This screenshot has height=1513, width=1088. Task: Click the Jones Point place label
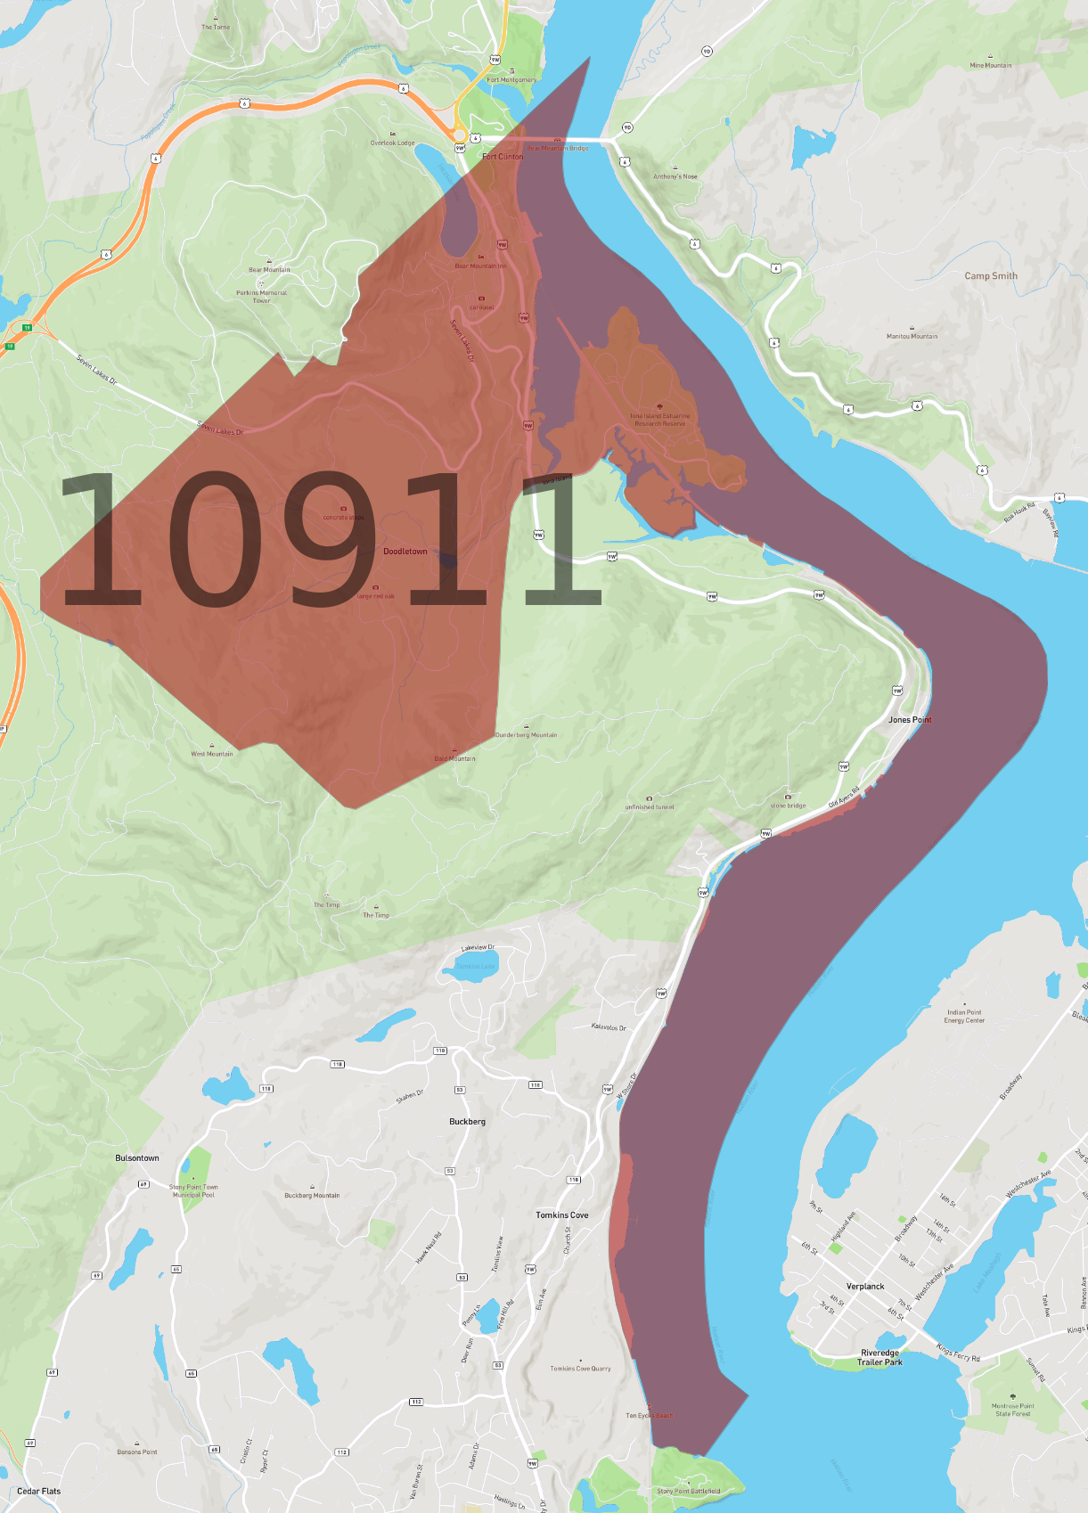click(x=909, y=720)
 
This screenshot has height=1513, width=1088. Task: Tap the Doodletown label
click(x=405, y=552)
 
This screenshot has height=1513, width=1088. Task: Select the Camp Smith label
click(x=990, y=276)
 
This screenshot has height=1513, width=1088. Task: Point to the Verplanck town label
click(x=864, y=1287)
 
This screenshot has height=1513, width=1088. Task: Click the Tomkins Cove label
click(x=561, y=1215)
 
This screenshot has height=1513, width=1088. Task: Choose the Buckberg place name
click(x=467, y=1122)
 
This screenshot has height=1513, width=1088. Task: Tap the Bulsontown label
click(x=137, y=1158)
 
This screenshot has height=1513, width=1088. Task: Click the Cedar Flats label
click(x=39, y=1492)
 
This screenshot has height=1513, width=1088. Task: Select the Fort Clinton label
click(x=503, y=157)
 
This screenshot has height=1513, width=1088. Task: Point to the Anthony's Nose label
click(x=675, y=176)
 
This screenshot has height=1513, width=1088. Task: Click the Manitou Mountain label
click(x=912, y=336)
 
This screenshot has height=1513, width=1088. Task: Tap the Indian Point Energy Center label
click(x=964, y=1017)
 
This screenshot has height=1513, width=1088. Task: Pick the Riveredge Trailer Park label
click(x=879, y=1357)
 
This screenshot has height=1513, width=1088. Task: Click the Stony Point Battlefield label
click(x=688, y=1491)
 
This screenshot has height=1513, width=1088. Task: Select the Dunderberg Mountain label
click(x=526, y=735)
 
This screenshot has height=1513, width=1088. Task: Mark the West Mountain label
click(x=211, y=754)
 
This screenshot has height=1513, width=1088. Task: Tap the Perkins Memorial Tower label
click(x=261, y=296)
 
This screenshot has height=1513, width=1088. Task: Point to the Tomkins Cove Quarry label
click(x=580, y=1369)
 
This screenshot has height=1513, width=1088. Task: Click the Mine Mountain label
click(x=990, y=65)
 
